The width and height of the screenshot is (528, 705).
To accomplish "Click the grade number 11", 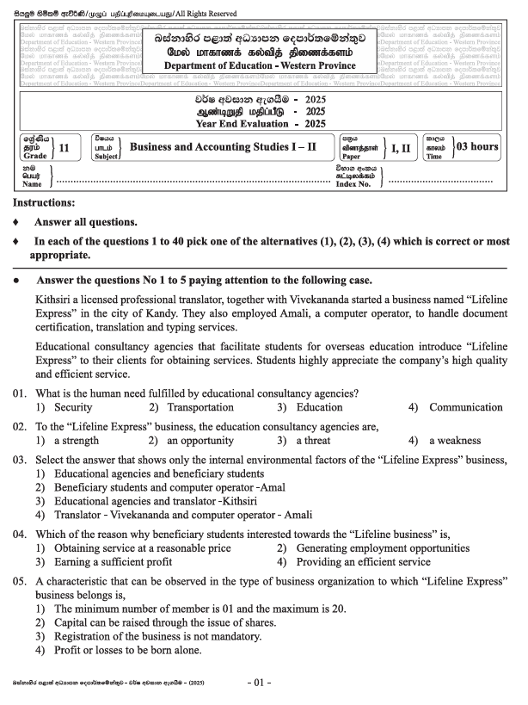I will click(x=64, y=147).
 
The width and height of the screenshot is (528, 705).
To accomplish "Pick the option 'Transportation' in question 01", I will click(x=200, y=407).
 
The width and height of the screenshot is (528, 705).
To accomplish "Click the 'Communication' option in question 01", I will click(x=466, y=407).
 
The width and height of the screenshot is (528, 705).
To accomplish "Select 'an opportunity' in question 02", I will click(x=203, y=441).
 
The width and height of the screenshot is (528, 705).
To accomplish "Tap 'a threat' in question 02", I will click(x=318, y=441).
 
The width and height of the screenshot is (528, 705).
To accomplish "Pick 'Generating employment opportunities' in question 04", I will click(x=383, y=547).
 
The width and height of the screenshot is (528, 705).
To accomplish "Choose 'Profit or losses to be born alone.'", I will click(x=127, y=651).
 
